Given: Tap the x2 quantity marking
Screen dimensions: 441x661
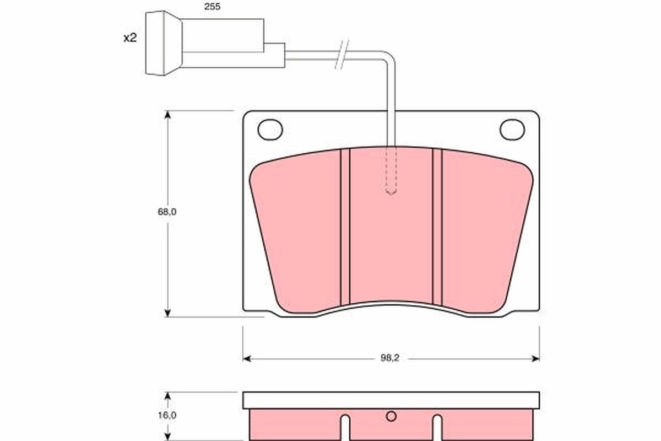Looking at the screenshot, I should coord(129,38).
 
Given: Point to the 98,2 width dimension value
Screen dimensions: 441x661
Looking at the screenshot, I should coord(389,358).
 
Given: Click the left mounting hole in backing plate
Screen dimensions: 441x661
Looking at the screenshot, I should coord(270,130).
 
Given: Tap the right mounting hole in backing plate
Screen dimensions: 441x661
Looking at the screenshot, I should coord(512,130).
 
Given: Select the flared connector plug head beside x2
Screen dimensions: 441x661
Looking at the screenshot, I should coord(163,43).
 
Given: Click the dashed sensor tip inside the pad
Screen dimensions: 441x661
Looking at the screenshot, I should coord(391,171).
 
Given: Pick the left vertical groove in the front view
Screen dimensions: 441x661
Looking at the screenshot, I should coord(345,226).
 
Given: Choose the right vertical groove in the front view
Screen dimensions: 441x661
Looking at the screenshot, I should coord(437,226).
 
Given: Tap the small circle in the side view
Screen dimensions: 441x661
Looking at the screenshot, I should coord(391,417).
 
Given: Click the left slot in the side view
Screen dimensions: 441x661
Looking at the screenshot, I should coord(345,427).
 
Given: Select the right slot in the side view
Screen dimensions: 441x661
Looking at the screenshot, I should coord(437,427).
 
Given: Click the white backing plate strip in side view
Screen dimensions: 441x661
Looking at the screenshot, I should coord(391,400).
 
